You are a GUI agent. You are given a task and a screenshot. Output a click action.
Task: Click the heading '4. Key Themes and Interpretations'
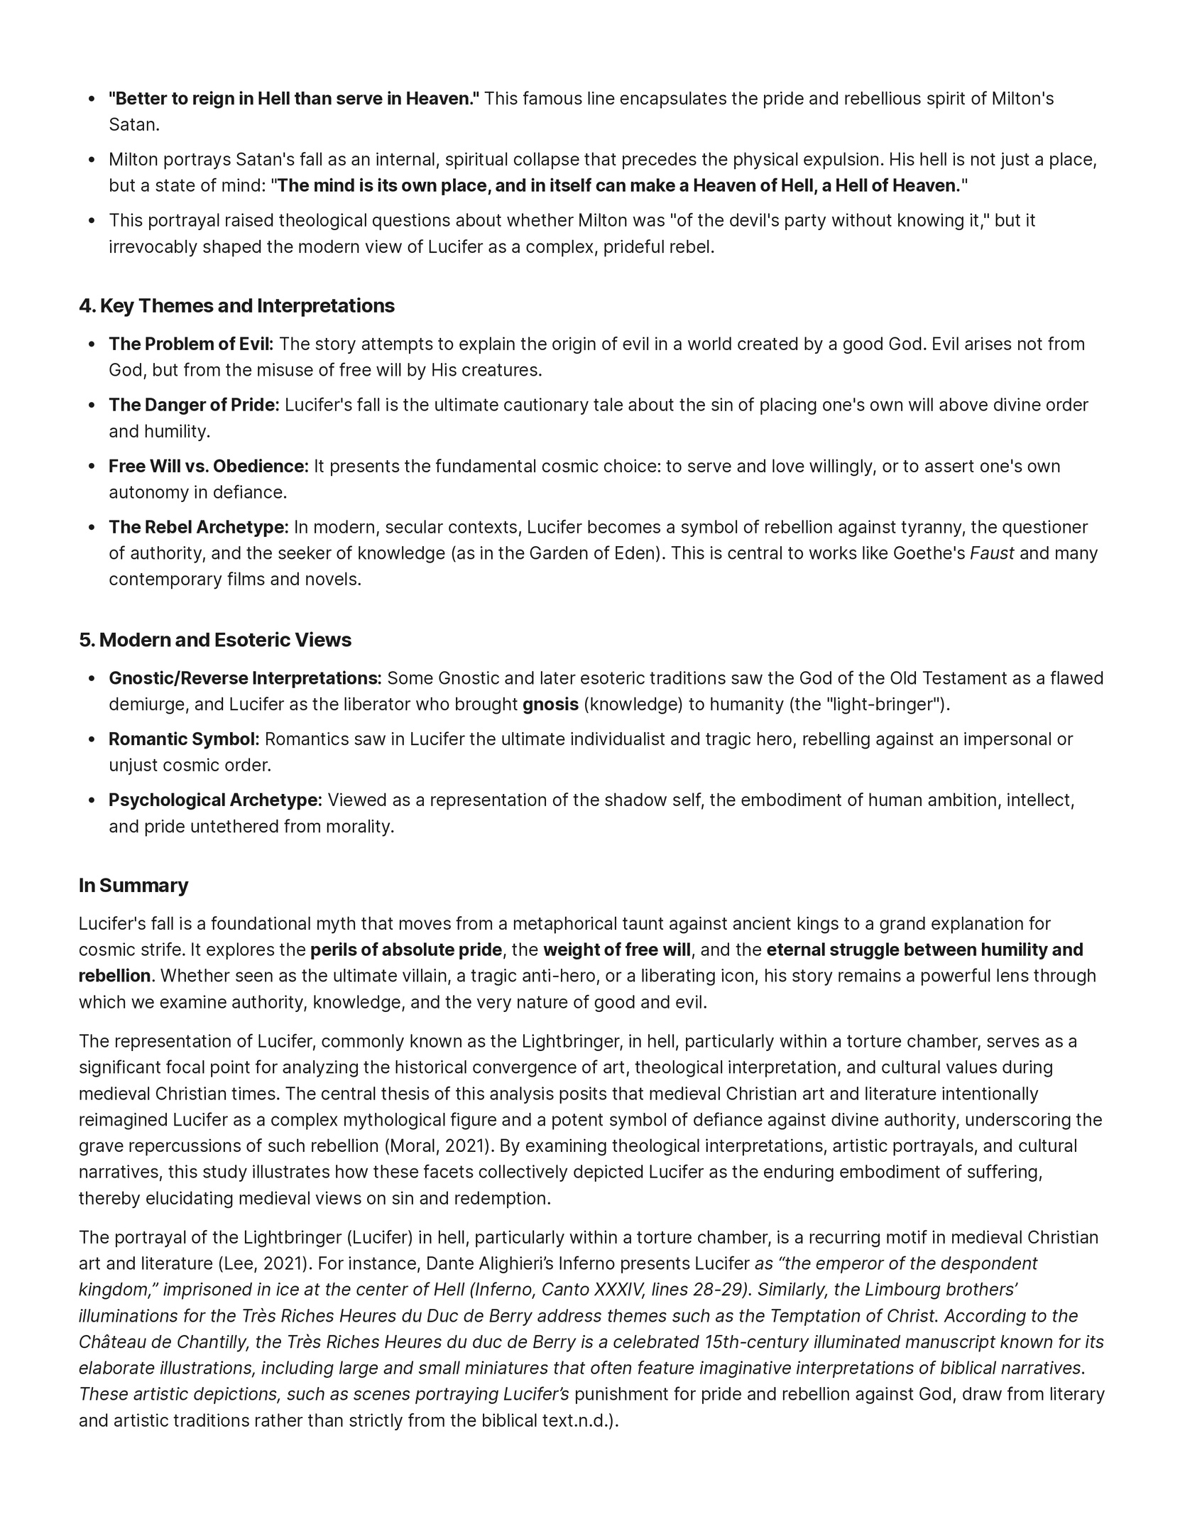point(236,306)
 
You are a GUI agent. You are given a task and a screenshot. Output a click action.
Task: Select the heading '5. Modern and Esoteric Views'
point(215,640)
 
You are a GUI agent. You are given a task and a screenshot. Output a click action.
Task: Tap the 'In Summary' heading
point(133,886)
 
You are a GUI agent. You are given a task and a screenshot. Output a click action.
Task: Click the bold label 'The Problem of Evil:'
point(191,344)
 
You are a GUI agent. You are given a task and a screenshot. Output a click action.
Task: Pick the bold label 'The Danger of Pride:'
point(194,406)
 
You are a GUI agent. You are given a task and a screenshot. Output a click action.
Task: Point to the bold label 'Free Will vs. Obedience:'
point(209,467)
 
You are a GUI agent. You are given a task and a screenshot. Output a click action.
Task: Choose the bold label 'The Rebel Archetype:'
point(198,528)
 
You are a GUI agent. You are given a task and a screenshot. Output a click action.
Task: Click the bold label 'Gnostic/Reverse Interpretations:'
point(245,679)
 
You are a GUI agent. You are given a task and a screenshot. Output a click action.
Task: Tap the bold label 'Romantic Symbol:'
point(184,739)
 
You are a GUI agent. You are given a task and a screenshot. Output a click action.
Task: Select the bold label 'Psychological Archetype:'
point(215,800)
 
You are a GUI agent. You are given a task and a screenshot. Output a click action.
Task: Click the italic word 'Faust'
point(992,553)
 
